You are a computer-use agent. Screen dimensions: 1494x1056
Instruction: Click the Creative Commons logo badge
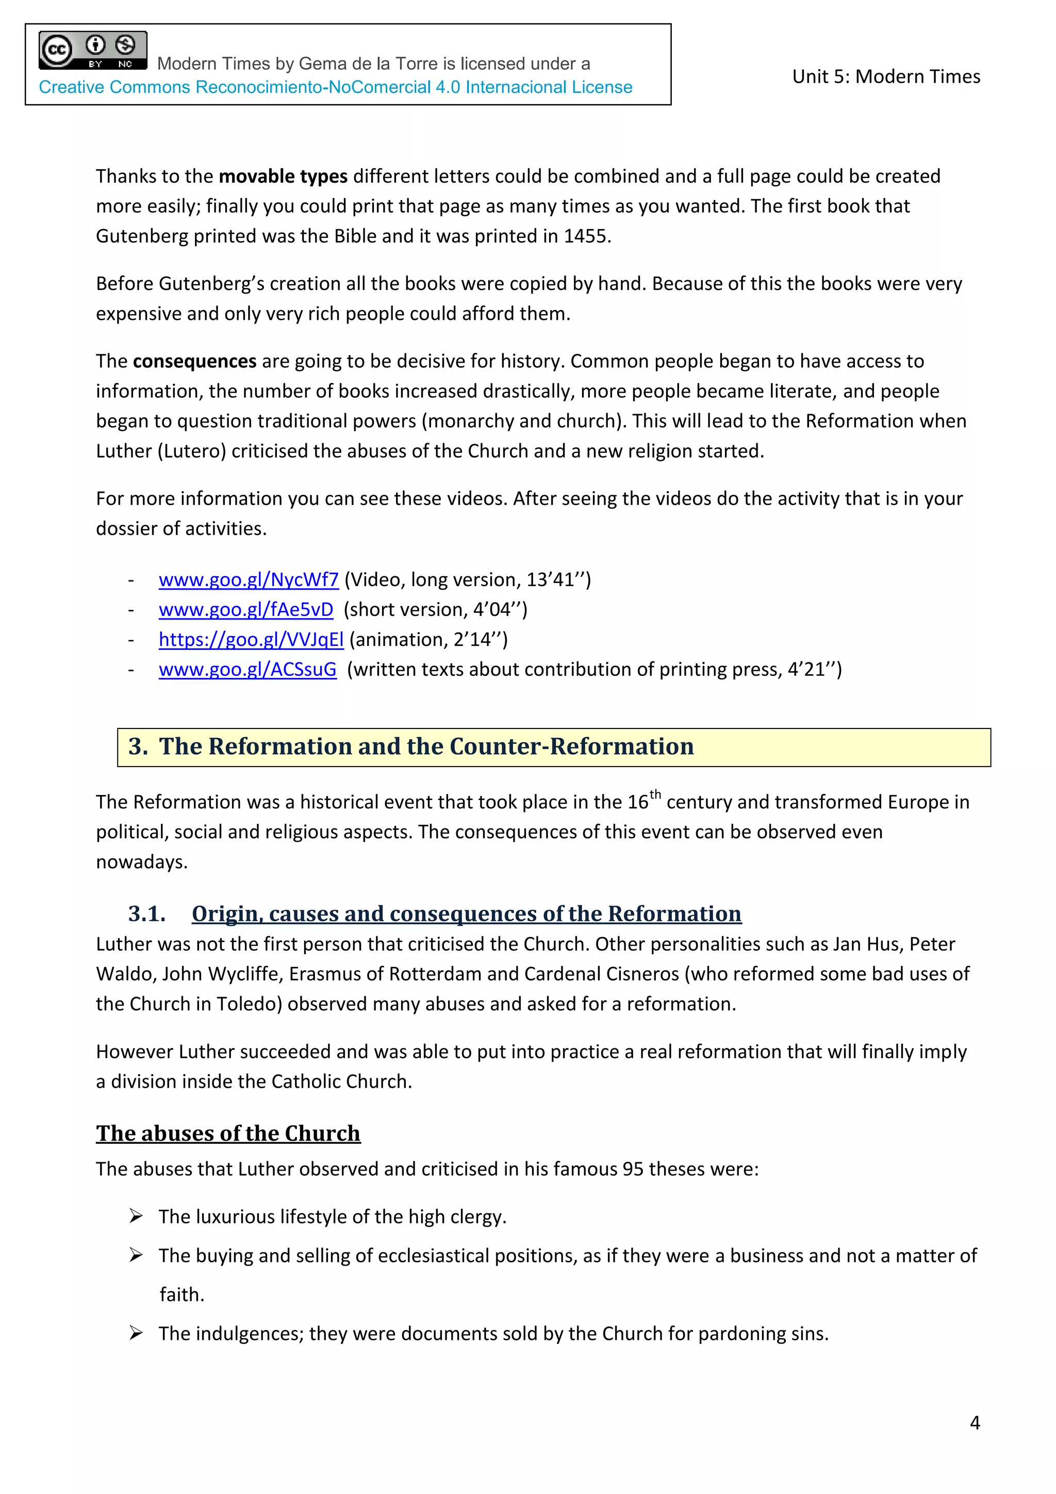coord(92,50)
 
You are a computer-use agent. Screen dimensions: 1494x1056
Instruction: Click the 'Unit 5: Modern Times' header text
coord(886,77)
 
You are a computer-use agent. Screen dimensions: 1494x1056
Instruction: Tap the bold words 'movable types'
coord(283,176)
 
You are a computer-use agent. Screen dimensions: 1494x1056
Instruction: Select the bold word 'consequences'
coord(194,361)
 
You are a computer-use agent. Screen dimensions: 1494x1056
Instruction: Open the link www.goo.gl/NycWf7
coord(249,580)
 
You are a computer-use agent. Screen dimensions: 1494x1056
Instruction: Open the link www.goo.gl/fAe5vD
coord(246,610)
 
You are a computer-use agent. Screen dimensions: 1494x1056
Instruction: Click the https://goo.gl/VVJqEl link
coord(251,640)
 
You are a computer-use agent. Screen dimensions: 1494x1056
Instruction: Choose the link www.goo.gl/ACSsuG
coord(247,670)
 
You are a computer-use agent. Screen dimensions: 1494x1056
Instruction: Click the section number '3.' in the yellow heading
coord(138,746)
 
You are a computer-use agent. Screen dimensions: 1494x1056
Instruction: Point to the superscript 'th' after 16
coord(655,794)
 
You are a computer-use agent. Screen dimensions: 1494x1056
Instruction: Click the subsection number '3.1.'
coord(147,914)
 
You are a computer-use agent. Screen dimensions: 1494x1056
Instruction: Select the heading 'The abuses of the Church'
coord(228,1133)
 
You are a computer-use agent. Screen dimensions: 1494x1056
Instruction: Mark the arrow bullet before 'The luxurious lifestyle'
coord(136,1215)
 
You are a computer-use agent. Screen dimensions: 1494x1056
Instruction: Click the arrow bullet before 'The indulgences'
coord(136,1333)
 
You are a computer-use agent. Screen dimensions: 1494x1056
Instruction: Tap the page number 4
coord(975,1423)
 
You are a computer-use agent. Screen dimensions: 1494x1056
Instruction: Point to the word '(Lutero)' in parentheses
coord(192,451)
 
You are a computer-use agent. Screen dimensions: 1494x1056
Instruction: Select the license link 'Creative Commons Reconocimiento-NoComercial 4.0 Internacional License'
coord(336,87)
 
